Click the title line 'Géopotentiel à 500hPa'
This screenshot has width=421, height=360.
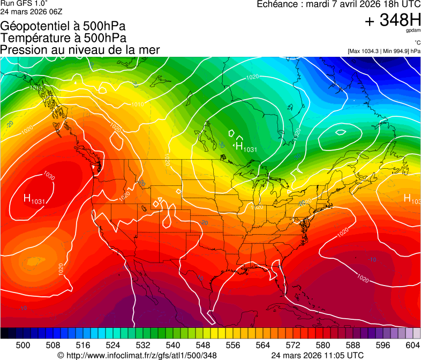[x=63, y=26]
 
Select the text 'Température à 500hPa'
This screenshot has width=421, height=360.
[x=63, y=37]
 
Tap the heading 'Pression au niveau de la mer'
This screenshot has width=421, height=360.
[x=80, y=50]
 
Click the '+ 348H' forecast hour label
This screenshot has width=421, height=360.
[x=393, y=20]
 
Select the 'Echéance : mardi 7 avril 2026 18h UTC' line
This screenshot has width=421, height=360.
[x=339, y=4]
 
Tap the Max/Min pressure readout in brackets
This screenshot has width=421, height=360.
[x=384, y=51]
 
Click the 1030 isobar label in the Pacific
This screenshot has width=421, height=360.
[x=49, y=176]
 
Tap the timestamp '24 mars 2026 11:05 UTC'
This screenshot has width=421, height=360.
[x=318, y=355]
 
